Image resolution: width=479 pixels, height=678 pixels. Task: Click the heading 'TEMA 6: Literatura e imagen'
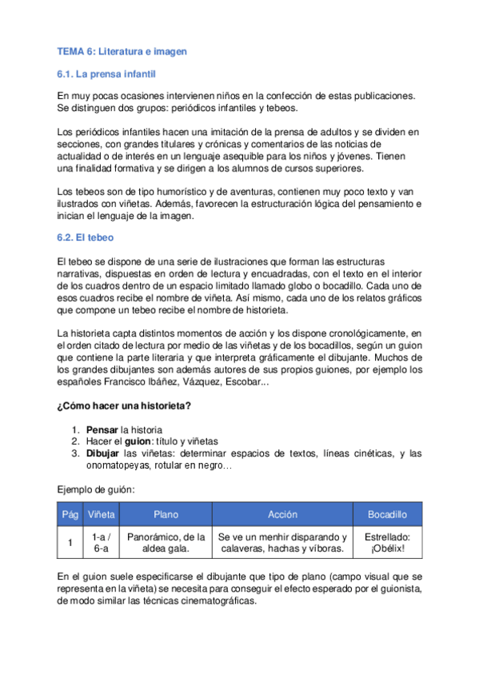[122, 52]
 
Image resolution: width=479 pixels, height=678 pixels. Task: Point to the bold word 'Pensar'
[102, 429]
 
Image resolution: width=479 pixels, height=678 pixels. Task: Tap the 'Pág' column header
[70, 515]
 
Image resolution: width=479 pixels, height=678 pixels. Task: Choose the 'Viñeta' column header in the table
[101, 515]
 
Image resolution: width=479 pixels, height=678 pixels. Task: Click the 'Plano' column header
[166, 515]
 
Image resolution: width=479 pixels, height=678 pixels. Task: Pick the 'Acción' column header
[282, 515]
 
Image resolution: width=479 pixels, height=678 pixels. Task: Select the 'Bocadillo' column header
[387, 515]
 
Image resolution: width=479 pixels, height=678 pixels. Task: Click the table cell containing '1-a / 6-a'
[101, 543]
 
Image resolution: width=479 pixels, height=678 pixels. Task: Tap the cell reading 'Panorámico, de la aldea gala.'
[166, 543]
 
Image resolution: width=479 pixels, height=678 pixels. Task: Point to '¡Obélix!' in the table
[387, 549]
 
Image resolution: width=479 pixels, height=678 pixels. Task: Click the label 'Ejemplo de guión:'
[95, 489]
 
